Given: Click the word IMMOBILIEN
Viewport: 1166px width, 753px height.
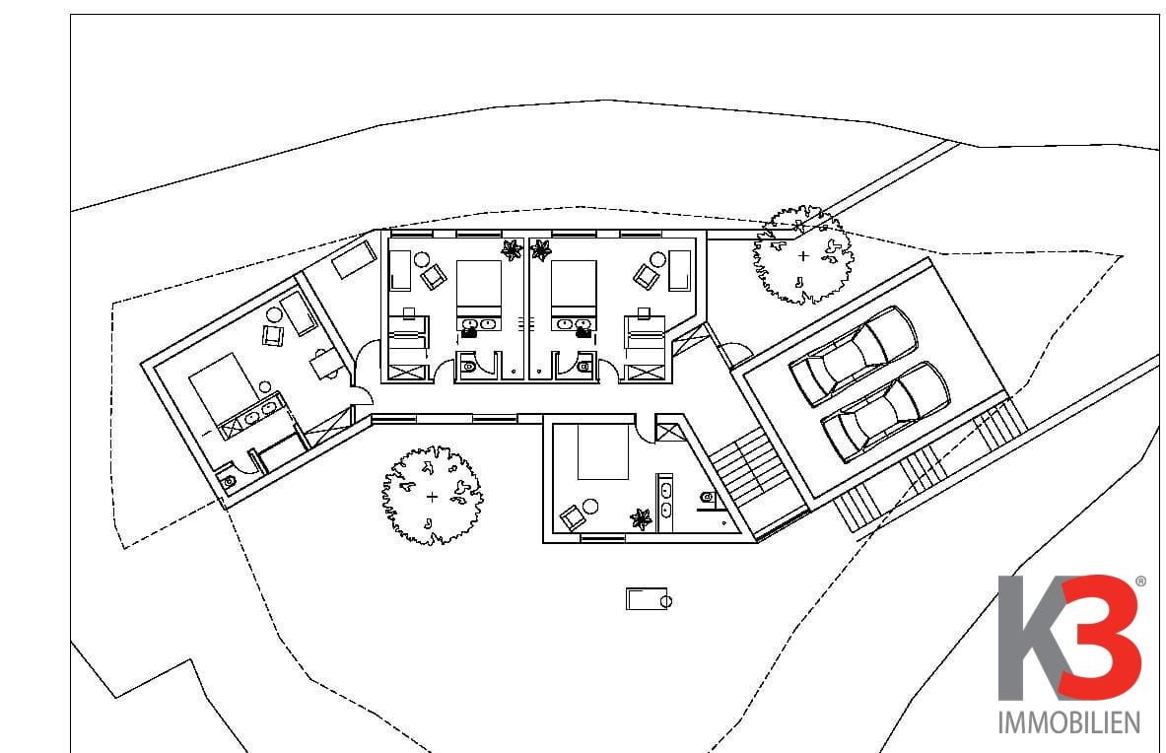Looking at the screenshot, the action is click(x=1068, y=722).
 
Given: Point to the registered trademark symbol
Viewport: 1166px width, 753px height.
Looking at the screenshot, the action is click(x=1140, y=582).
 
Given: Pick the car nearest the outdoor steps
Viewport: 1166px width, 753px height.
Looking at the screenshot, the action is click(x=885, y=412).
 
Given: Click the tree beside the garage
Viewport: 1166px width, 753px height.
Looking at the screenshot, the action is click(x=803, y=255).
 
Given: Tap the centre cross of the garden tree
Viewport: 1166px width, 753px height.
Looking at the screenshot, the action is click(x=432, y=497).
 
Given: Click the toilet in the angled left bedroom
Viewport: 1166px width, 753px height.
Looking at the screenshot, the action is click(x=229, y=481).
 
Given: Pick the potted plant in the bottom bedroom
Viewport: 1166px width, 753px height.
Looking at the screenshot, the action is click(x=641, y=518).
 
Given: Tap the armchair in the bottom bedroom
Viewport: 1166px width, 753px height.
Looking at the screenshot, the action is click(x=572, y=516).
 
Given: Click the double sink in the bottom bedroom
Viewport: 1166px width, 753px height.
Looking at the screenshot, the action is click(x=664, y=503).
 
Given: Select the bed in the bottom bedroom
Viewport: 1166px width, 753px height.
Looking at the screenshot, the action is click(x=603, y=451).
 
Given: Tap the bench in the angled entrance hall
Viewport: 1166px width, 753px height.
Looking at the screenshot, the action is click(x=354, y=259).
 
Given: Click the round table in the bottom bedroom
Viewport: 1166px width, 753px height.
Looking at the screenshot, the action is click(x=590, y=507).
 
